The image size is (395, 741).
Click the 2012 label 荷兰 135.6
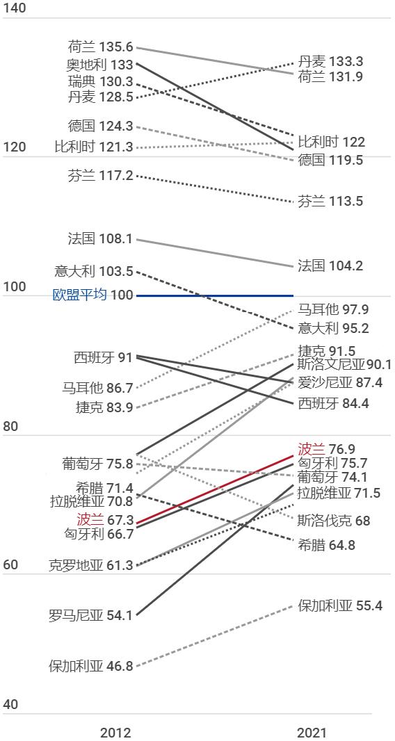pos(100,47)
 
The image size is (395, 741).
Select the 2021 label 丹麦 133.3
pos(330,62)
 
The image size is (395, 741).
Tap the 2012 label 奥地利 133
pos(99,64)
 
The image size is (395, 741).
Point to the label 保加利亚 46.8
pos(90,666)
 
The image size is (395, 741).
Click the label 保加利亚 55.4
pos(340,605)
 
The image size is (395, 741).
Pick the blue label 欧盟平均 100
pos(92,295)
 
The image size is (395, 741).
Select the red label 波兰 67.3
pos(104,520)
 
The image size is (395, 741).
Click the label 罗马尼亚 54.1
pos(90,615)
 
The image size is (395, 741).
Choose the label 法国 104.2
pos(330,266)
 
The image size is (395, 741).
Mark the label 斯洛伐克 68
pos(334,521)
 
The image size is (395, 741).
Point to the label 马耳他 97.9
pos(333,310)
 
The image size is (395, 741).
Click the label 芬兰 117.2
pos(100,176)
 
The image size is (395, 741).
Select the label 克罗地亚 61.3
pos(90,565)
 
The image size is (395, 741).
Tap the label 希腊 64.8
pos(326,545)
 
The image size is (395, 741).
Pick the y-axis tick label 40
pos(10,704)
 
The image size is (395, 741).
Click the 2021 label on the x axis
pos(311,733)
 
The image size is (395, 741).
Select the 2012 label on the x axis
pos(115,733)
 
